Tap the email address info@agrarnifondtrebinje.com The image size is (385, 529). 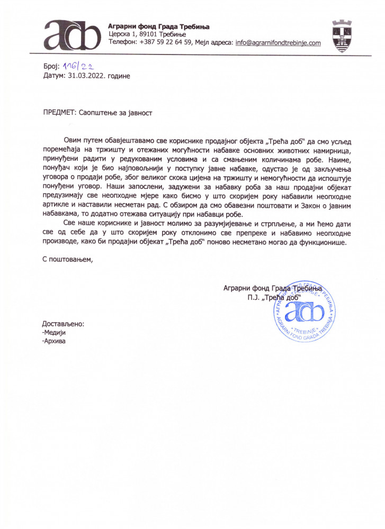[x=278, y=42]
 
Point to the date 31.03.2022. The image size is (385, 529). [x=85, y=76]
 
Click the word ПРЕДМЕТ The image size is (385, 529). [x=59, y=112]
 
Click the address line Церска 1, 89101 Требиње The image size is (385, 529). [x=144, y=34]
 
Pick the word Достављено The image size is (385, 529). [x=62, y=324]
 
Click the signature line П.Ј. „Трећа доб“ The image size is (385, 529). [x=273, y=297]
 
